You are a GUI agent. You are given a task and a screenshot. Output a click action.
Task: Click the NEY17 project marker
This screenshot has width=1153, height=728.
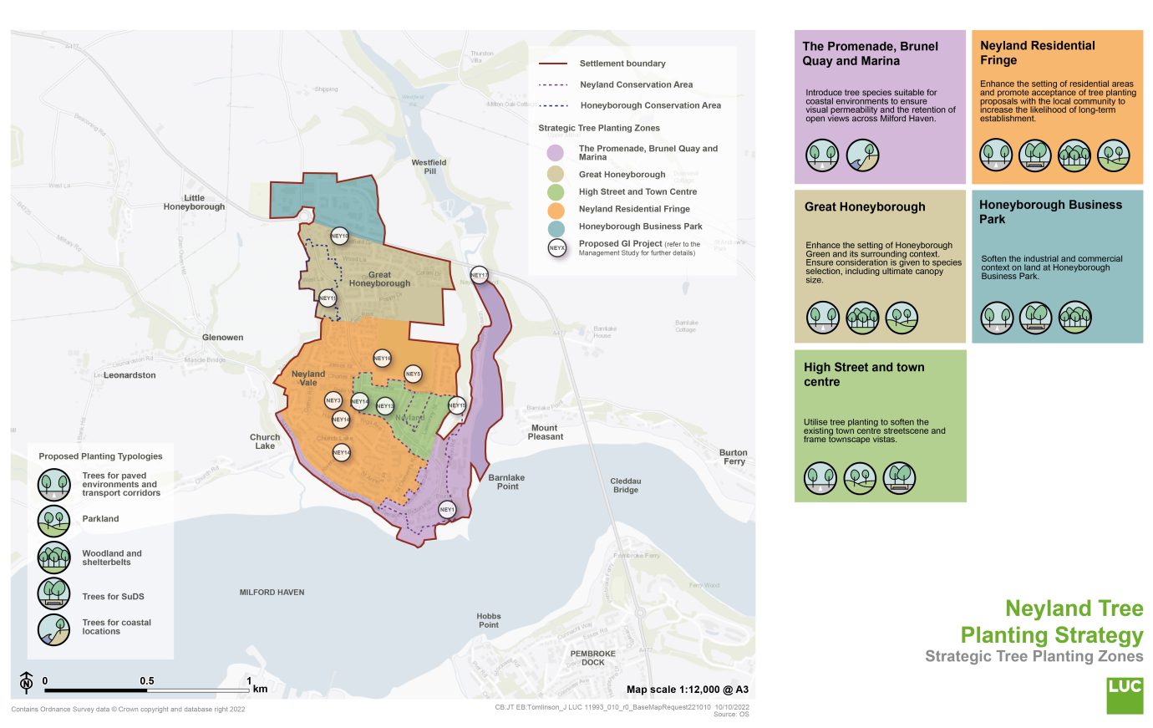click(x=479, y=275)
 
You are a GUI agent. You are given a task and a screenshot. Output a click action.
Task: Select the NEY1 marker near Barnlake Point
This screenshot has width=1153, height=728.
click(x=447, y=509)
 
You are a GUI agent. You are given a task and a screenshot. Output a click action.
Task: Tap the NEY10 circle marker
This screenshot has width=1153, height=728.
click(x=339, y=237)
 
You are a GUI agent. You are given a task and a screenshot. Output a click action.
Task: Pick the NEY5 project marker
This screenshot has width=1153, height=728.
click(x=413, y=374)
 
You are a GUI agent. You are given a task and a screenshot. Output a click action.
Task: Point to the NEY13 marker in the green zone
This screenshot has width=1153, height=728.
click(x=384, y=406)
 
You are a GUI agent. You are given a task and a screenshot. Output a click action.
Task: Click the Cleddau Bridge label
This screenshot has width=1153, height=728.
click(x=625, y=485)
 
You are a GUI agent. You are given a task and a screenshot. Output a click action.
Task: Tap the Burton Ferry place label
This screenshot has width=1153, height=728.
click(x=734, y=456)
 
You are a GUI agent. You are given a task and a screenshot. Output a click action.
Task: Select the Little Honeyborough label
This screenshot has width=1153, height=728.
click(x=194, y=202)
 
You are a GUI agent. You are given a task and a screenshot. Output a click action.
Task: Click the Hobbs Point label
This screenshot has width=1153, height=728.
click(x=489, y=620)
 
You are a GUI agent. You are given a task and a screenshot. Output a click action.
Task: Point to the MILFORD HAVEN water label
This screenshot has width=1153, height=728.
click(x=272, y=592)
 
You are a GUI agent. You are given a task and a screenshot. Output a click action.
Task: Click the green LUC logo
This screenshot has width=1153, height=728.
click(x=1124, y=695)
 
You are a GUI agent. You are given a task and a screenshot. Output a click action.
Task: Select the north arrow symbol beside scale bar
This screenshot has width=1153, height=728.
click(x=26, y=683)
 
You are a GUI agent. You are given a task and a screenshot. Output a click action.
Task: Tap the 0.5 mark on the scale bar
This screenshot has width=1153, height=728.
click(x=147, y=681)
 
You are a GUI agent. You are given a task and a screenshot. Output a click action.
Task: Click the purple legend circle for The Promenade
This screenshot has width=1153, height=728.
click(x=556, y=153)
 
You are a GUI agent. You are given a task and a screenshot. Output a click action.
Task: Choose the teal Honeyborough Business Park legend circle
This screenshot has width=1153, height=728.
click(x=556, y=227)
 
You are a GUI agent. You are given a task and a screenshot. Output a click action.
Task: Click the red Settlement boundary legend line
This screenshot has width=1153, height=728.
click(x=553, y=64)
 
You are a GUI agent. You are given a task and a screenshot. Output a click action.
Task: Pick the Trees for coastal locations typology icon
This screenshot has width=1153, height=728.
click(x=53, y=629)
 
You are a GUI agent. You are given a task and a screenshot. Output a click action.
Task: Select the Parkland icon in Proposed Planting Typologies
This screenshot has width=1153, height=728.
click(x=53, y=519)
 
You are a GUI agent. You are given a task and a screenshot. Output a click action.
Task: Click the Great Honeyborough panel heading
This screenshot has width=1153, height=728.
click(x=865, y=206)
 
